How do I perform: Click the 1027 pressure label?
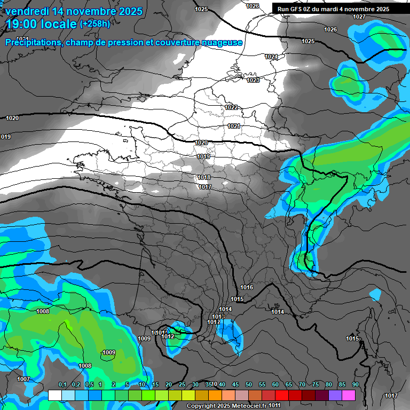pyautogui.click(x=359, y=17)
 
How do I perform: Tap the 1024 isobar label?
pyautogui.click(x=271, y=57)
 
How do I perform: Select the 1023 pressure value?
pyautogui.click(x=253, y=80)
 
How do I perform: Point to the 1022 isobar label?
pyautogui.click(x=231, y=107)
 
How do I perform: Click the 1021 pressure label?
pyautogui.click(x=234, y=126)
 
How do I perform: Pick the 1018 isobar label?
pyautogui.click(x=204, y=177)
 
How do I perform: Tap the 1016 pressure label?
pyautogui.click(x=247, y=287)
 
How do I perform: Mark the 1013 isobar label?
pyautogui.click(x=218, y=317)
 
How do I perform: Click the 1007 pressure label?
pyautogui.click(x=23, y=379)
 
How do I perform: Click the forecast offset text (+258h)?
pyautogui.click(x=95, y=24)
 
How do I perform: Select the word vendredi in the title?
pyautogui.click(x=27, y=11)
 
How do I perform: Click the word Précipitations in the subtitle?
pyautogui.click(x=31, y=42)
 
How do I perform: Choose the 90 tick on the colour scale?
pyautogui.click(x=355, y=384)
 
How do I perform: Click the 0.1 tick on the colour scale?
pyautogui.click(x=62, y=384)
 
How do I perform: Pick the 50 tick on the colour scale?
pyautogui.click(x=249, y=384)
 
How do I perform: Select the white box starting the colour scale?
pyautogui.click(x=54, y=395)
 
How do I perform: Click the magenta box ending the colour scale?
pyautogui.click(x=349, y=395)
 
